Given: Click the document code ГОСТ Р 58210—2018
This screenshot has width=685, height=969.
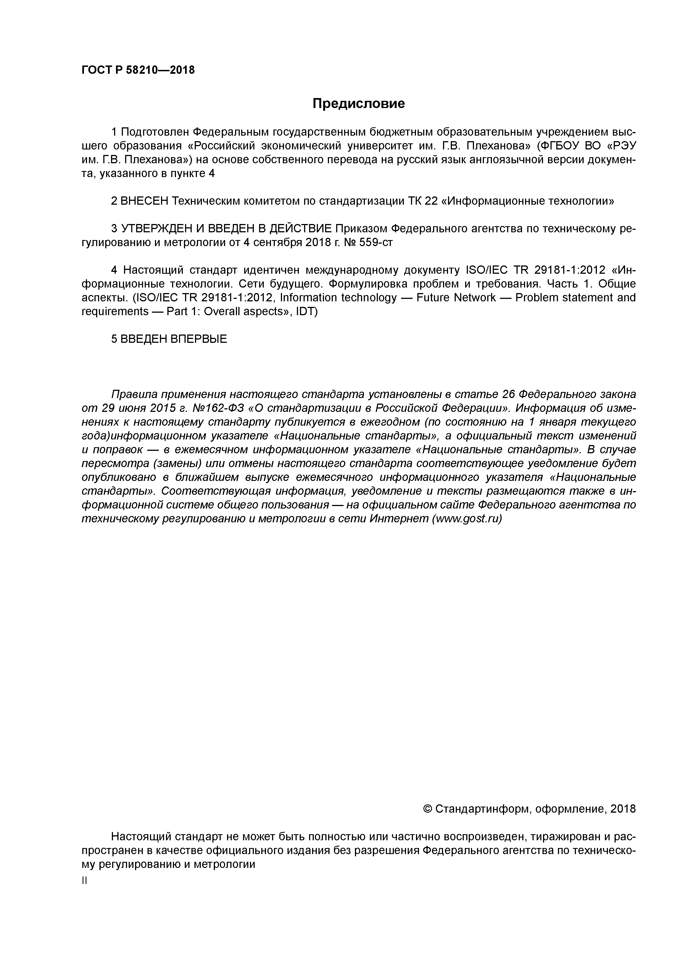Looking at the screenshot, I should click(x=138, y=70).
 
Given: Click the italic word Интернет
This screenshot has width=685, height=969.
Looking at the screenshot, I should click(x=399, y=519).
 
